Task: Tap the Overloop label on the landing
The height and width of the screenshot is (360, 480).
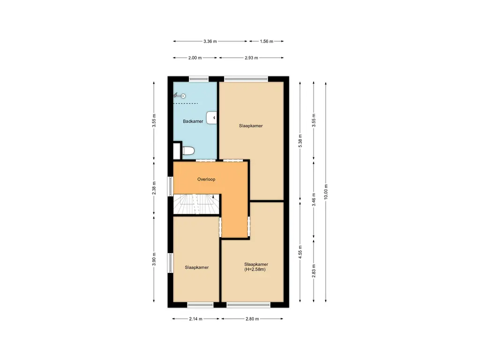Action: click(206, 179)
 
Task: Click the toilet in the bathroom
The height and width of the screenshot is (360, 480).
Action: click(188, 150)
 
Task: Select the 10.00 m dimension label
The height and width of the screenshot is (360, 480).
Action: click(326, 192)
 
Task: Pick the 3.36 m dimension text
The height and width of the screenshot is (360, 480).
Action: click(210, 41)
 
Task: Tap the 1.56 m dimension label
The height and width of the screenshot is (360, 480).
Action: click(266, 41)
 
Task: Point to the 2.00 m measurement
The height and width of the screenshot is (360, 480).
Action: click(195, 58)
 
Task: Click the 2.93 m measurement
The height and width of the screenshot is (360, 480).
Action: click(252, 58)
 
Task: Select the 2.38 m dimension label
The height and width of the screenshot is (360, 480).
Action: click(154, 187)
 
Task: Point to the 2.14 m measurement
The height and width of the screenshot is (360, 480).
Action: click(196, 319)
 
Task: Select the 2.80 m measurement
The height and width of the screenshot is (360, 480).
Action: click(252, 319)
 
